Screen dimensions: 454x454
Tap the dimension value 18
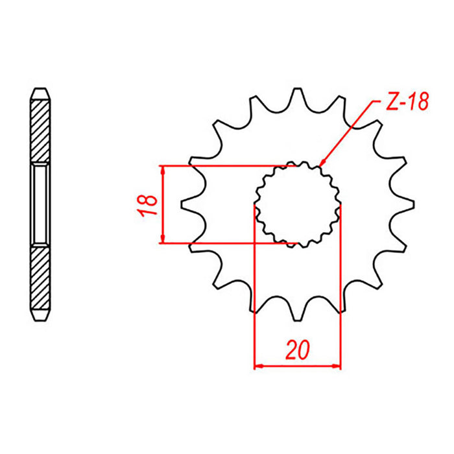[x=148, y=204]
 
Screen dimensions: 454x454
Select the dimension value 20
[x=298, y=350]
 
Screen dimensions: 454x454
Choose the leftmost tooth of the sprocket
[x=187, y=204]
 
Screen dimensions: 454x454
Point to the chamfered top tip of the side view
[x=40, y=91]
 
